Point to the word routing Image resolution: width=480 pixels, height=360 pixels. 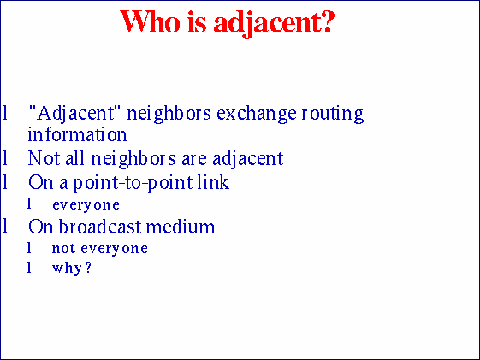pos(332,113)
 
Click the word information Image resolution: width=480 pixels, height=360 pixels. pos(77,135)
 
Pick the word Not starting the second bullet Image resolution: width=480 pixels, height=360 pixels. pos(41,158)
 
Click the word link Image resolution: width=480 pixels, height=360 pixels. pos(213,182)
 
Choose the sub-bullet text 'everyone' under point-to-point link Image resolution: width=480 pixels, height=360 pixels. pos(86,205)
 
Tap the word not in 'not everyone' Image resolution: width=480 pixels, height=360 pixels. pos(61,249)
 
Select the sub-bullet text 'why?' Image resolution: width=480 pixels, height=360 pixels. pos(71,269)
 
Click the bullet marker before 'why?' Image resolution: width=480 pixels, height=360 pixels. pos(29,269)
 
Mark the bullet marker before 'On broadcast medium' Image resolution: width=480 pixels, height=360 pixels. pos(6,227)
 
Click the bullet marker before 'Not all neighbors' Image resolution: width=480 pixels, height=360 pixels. pos(6,158)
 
